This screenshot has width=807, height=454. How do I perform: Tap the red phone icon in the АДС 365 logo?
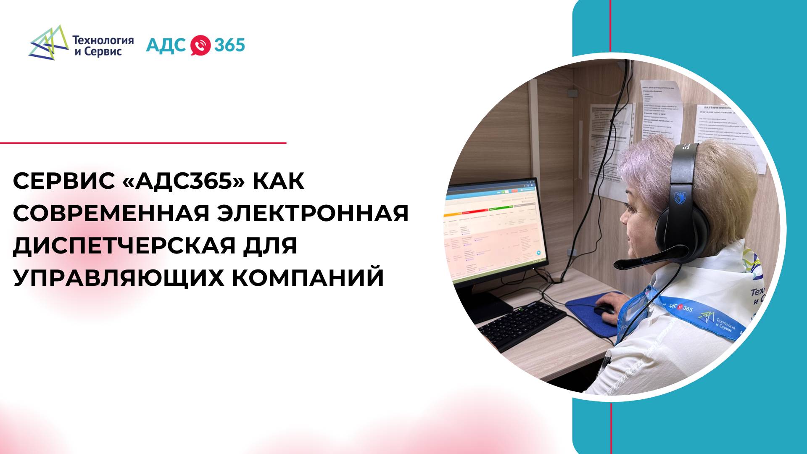pos(200,45)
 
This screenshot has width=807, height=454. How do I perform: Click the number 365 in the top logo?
pos(229,45)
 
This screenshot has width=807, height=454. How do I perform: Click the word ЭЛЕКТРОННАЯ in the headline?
pos(313,213)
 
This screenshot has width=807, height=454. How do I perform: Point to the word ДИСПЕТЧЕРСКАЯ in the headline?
pos(124,245)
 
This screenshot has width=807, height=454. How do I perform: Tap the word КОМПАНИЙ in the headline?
pos(308,277)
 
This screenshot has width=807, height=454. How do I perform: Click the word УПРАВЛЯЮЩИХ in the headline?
pos(119,277)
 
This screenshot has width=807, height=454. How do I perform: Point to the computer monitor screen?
pos(492,227)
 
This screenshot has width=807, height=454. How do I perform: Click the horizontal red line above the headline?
pos(143,143)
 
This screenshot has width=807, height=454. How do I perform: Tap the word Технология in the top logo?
pos(103,40)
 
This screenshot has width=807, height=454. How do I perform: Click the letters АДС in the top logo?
pos(166,45)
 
